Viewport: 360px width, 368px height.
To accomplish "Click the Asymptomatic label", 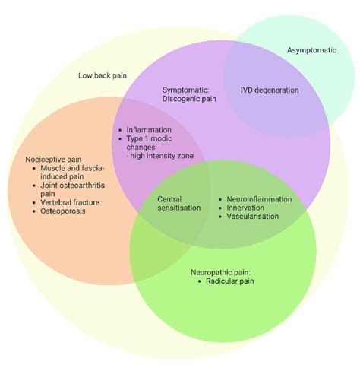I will (311, 50).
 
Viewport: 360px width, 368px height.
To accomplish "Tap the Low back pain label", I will (102, 75).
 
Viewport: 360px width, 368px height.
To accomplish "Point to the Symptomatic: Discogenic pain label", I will (190, 94).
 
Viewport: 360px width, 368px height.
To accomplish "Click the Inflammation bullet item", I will (149, 129).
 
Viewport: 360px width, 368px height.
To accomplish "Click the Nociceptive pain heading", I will (52, 160).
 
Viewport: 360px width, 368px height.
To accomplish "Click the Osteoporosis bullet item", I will (62, 211).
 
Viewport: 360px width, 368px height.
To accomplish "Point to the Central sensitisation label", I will (179, 203).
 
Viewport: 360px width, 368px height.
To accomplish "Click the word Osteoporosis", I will (62, 211).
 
